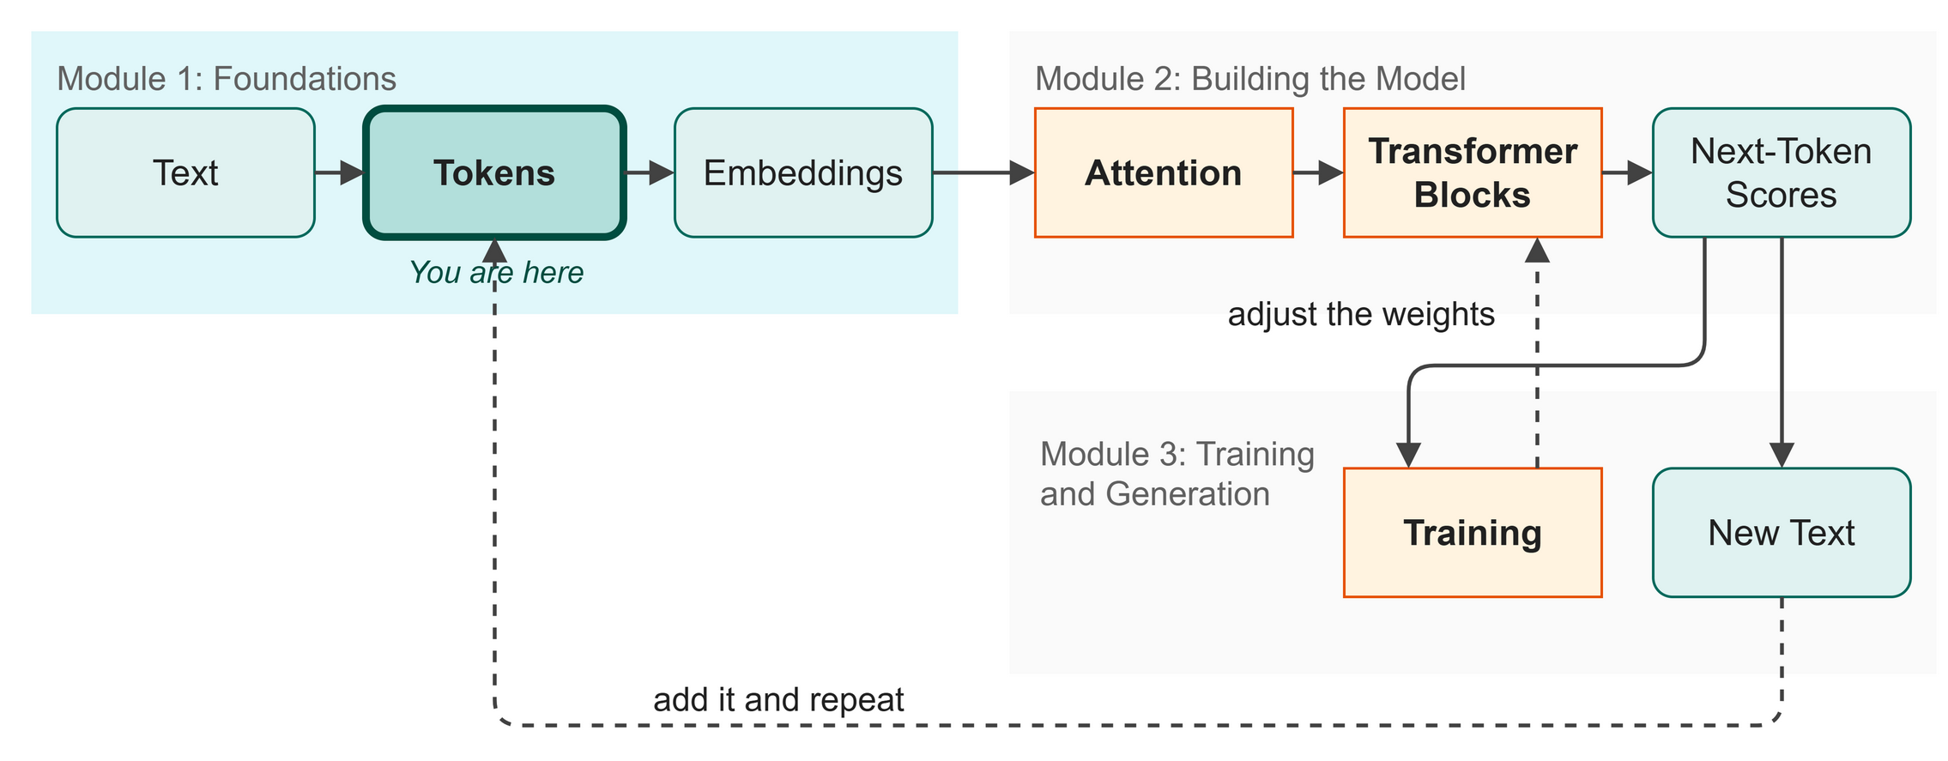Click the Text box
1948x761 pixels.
185,172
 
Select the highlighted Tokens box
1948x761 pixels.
494,172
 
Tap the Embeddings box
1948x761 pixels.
803,172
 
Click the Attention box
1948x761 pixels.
1164,172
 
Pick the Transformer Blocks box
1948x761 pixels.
1473,172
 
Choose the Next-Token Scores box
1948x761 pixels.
1782,172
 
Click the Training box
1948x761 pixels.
1473,533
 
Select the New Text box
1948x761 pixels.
1782,533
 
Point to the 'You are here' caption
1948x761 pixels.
496,273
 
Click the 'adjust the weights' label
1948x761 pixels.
1361,314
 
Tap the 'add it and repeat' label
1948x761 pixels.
778,700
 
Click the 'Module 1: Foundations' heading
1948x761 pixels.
227,79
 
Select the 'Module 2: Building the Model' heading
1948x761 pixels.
1250,79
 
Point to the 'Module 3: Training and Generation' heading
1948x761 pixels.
1177,474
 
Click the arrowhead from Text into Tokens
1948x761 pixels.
353,172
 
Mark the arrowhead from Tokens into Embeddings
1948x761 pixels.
662,172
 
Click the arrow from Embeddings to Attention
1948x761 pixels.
983,172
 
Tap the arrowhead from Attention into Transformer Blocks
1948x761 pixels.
1331,172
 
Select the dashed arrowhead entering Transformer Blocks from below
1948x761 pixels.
1537,250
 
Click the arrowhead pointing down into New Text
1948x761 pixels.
1782,456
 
